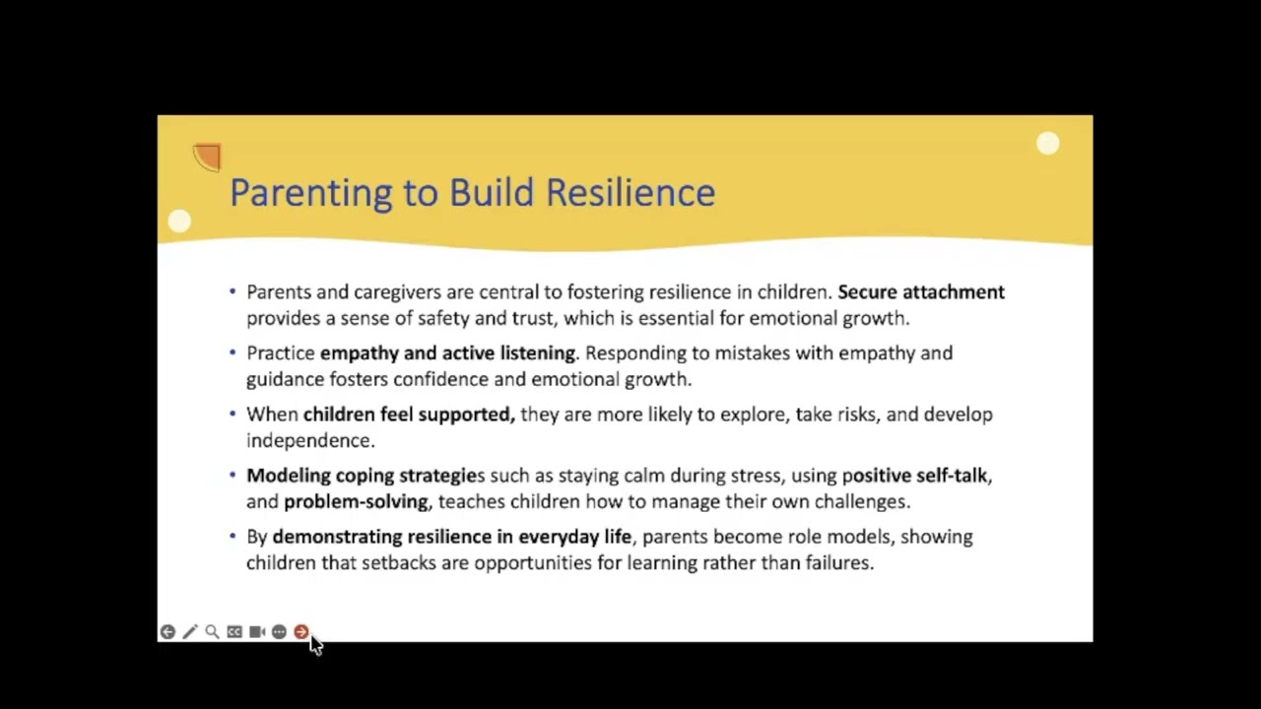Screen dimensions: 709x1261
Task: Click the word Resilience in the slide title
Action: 630,192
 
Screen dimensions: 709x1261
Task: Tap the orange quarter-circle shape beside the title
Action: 208,158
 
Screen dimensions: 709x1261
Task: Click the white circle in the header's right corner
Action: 1047,145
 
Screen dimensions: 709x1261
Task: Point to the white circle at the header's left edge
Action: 179,222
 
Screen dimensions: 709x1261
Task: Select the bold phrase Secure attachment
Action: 920,291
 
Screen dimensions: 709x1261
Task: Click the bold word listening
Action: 537,353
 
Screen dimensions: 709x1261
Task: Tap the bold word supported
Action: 466,414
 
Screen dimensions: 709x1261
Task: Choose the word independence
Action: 309,440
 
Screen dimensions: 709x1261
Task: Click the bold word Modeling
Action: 288,475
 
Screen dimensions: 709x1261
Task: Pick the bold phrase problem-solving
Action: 356,501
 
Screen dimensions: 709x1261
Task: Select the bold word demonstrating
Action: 337,536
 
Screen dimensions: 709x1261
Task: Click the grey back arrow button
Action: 167,632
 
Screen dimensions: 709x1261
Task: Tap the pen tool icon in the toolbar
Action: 190,632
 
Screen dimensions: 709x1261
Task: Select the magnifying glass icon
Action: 212,632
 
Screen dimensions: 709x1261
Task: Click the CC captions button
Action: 234,632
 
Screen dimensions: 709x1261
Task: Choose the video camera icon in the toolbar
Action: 256,632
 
